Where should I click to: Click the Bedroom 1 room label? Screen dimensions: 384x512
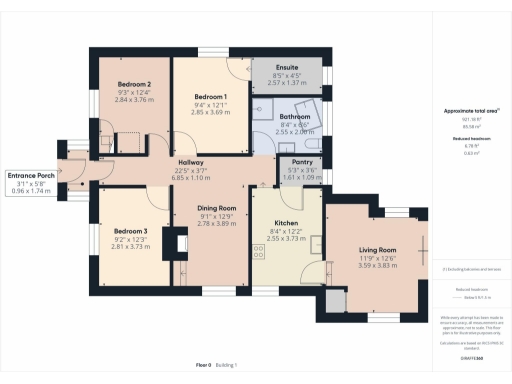(210, 97)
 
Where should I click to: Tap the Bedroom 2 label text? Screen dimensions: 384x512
(134, 84)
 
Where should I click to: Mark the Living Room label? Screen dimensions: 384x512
(379, 250)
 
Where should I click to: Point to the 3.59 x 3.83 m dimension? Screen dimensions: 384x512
(379, 267)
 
